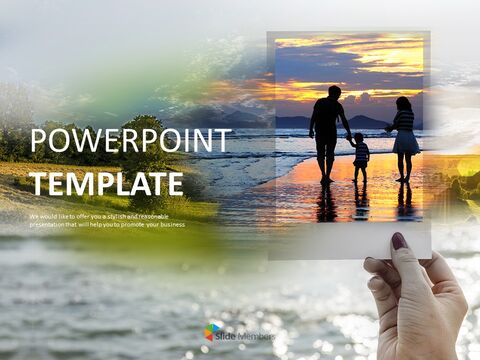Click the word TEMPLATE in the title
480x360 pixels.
click(106, 183)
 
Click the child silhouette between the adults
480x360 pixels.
click(361, 154)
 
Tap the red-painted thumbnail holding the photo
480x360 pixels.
click(399, 241)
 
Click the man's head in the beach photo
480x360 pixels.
click(333, 92)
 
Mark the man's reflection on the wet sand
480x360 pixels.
click(326, 203)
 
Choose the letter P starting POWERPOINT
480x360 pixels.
click(39, 142)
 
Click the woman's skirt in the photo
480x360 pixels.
click(405, 143)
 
